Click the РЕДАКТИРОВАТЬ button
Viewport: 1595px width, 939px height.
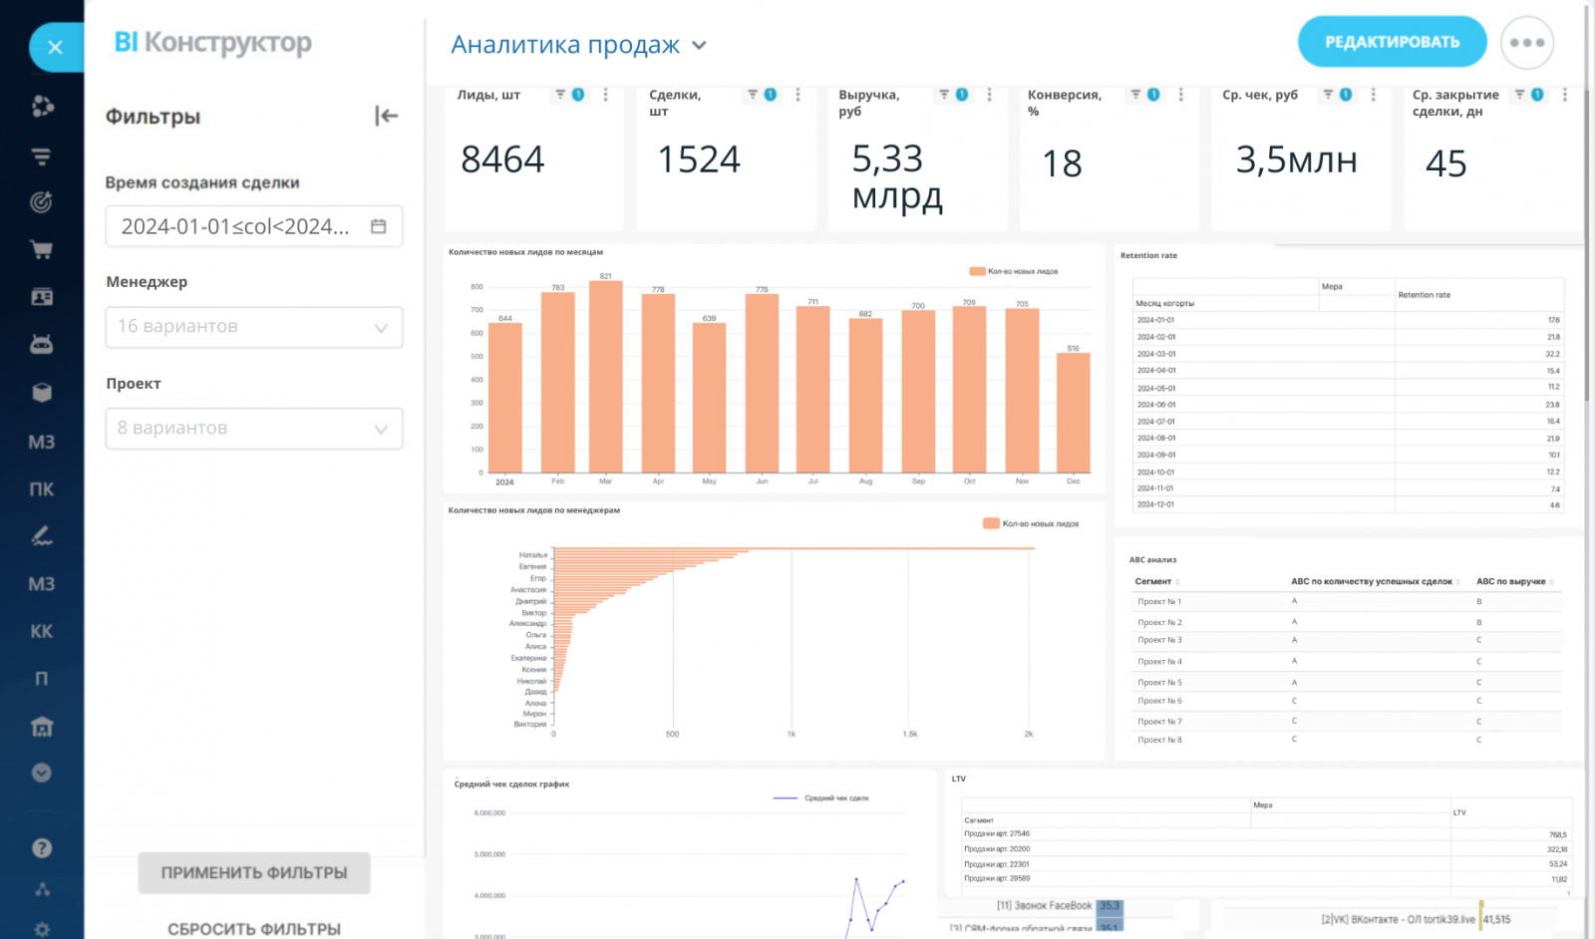tap(1392, 42)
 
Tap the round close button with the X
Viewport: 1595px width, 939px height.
tap(55, 47)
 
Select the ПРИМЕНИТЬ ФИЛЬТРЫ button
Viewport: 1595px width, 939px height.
tap(254, 873)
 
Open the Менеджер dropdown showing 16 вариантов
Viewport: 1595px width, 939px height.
tap(254, 327)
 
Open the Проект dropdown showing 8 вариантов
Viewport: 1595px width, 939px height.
tap(254, 429)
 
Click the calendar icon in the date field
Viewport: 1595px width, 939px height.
tap(379, 226)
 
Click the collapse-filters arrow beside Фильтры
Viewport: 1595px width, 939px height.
tap(387, 117)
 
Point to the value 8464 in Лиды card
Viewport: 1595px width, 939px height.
tap(502, 159)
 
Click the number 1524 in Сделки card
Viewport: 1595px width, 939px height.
tap(699, 159)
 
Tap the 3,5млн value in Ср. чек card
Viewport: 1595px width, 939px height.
tap(1296, 159)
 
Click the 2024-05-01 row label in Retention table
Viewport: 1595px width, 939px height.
tap(1156, 388)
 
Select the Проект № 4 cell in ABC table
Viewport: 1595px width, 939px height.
tap(1159, 662)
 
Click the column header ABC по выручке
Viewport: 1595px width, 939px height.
tap(1510, 581)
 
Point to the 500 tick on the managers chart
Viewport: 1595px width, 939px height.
tap(673, 734)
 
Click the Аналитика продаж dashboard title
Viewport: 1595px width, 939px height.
tap(565, 45)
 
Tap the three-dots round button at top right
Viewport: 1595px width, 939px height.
tap(1526, 43)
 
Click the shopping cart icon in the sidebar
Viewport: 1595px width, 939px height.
tap(42, 250)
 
